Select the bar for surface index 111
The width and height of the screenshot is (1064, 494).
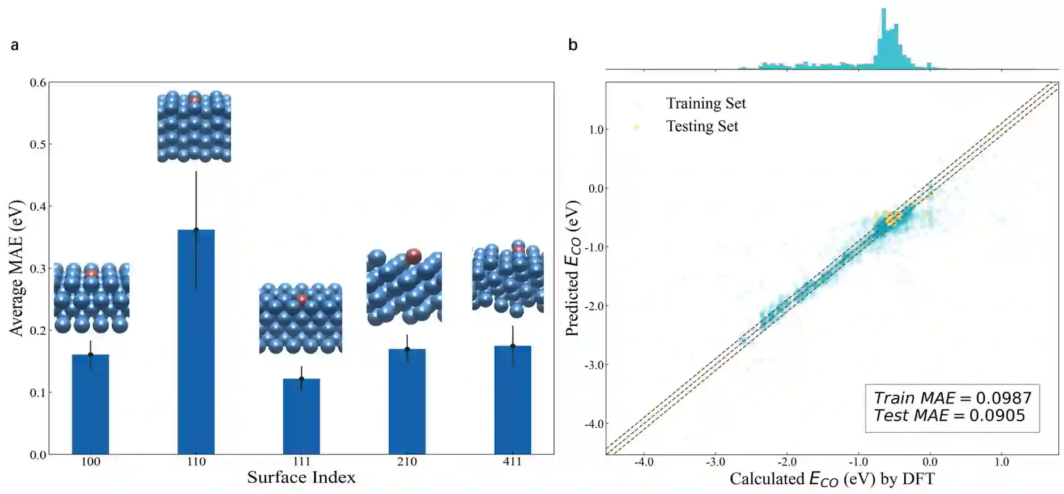pyautogui.click(x=301, y=416)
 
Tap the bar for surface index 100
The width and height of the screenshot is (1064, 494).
pyautogui.click(x=91, y=404)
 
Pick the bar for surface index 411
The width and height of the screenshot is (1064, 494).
pyautogui.click(x=513, y=400)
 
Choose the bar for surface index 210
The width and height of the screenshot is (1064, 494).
pyautogui.click(x=407, y=402)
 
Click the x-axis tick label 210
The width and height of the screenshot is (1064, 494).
pyautogui.click(x=407, y=462)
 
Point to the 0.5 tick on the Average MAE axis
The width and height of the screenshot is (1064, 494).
pyautogui.click(x=38, y=144)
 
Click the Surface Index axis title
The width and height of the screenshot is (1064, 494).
pyautogui.click(x=301, y=478)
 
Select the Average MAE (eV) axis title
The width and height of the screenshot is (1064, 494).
pyautogui.click(x=16, y=268)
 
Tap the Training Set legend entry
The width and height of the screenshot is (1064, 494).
pyautogui.click(x=705, y=103)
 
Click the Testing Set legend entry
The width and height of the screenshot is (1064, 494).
pyautogui.click(x=702, y=126)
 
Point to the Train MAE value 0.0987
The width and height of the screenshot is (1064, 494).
pyautogui.click(x=1000, y=398)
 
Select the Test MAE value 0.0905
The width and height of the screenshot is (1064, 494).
pyautogui.click(x=997, y=416)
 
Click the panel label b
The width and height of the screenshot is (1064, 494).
pyautogui.click(x=573, y=45)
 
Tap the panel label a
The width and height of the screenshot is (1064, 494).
pyautogui.click(x=15, y=45)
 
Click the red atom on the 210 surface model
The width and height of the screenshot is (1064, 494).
pyautogui.click(x=414, y=256)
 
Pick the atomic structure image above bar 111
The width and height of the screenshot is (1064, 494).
pyautogui.click(x=301, y=318)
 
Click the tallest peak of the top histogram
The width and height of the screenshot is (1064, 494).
pyautogui.click(x=883, y=11)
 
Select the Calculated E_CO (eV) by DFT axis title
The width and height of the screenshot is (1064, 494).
pyautogui.click(x=832, y=479)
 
